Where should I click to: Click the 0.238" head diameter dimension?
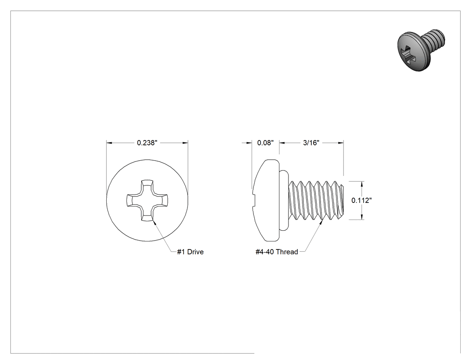[x=147, y=143]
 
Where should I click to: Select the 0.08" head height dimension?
[x=266, y=143]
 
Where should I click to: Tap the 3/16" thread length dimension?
[x=311, y=143]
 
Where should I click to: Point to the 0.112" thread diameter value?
[x=362, y=201]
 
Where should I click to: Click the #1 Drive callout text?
[x=190, y=252]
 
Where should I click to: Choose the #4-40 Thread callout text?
[x=277, y=252]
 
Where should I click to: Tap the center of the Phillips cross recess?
[x=147, y=200]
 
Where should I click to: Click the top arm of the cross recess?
[x=147, y=185]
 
